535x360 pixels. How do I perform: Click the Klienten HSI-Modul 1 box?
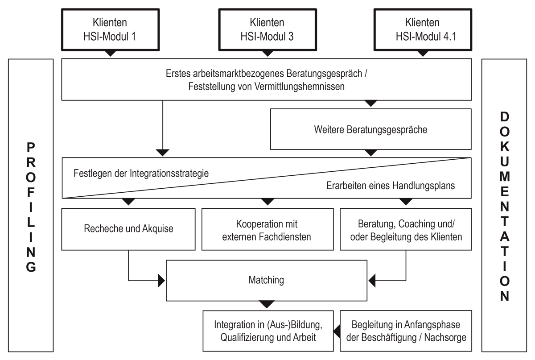(109, 29)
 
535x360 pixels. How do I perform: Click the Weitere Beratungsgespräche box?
(370, 130)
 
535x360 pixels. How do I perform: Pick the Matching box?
(266, 281)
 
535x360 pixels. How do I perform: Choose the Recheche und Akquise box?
(128, 229)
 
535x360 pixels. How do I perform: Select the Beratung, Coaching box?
(406, 229)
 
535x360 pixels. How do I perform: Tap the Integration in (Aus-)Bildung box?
(268, 331)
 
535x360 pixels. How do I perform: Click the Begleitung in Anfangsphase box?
(406, 331)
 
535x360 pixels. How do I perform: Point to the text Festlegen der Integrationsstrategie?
(141, 174)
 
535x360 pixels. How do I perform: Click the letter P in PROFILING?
(31, 147)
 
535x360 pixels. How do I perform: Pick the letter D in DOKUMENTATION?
(504, 117)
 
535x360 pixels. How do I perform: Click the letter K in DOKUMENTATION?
(504, 147)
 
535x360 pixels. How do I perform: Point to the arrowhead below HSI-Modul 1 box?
(110, 54)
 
